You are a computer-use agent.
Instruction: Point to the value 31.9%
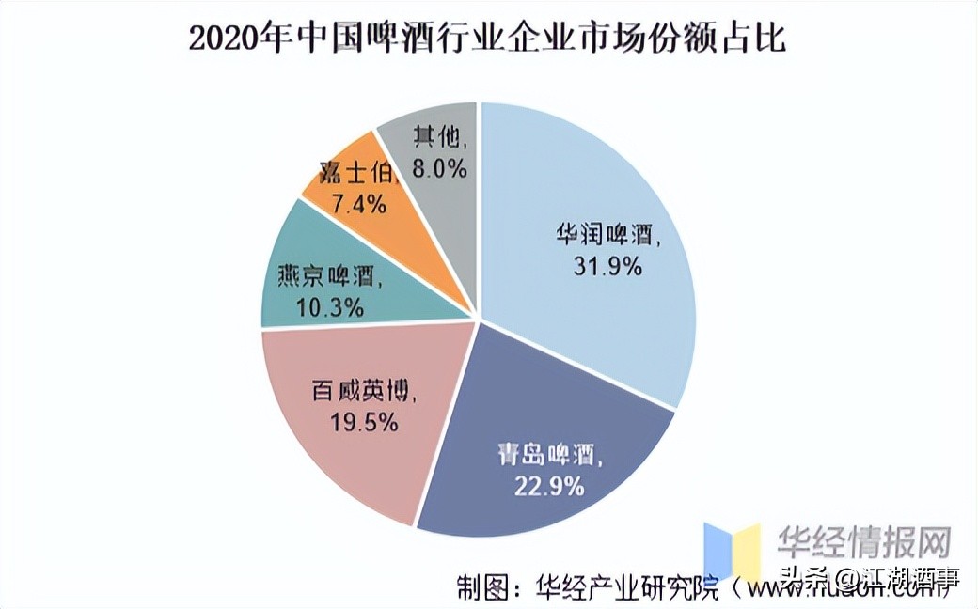pyautogui.click(x=607, y=267)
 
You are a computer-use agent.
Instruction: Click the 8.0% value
pyautogui.click(x=443, y=169)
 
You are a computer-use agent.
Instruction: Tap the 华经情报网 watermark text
pyautogui.click(x=863, y=543)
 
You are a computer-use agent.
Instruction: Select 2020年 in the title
pyautogui.click(x=229, y=39)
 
